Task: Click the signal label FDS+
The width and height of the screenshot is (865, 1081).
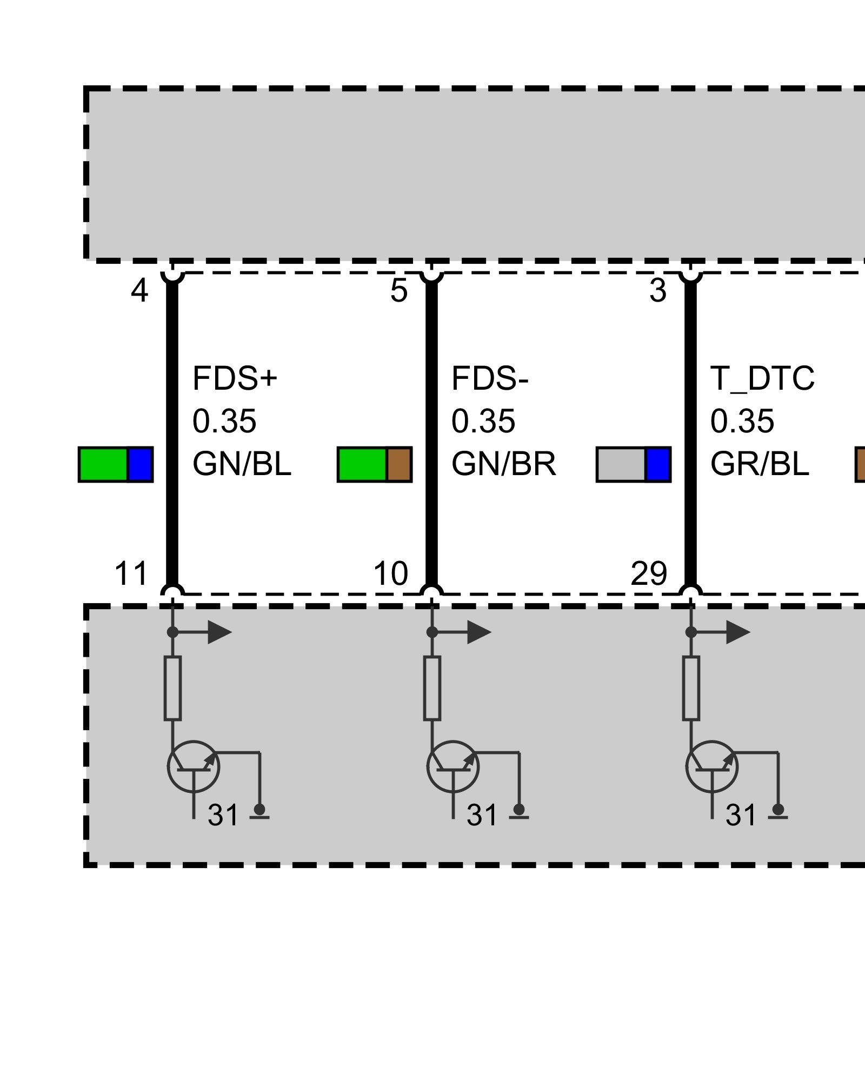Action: (x=235, y=378)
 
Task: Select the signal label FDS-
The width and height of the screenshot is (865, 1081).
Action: (x=489, y=378)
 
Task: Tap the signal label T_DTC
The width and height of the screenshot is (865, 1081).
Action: (x=762, y=378)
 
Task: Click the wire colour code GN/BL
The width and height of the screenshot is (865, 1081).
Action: (x=242, y=464)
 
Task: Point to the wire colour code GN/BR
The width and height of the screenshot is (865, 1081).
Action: (x=503, y=464)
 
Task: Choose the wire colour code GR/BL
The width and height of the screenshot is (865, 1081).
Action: (x=760, y=464)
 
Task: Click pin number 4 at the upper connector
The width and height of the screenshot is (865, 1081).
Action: (x=139, y=291)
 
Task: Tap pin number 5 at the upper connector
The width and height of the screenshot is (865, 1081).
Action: (x=398, y=291)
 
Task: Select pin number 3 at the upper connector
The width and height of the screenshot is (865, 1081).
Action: (x=658, y=291)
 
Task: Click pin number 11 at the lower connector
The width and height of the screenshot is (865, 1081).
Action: (x=131, y=573)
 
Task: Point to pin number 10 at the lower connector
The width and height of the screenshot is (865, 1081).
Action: (x=390, y=573)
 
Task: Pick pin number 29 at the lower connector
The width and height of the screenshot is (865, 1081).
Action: (x=649, y=573)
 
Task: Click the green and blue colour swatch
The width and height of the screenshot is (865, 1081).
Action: (x=116, y=464)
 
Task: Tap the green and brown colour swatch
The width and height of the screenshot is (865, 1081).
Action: (x=375, y=464)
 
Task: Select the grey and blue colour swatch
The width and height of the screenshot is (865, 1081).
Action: (x=634, y=464)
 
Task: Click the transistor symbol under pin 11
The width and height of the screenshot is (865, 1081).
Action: (x=194, y=766)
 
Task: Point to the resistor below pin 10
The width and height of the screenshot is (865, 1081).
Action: (x=432, y=688)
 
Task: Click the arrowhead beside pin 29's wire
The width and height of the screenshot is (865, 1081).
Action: (x=738, y=632)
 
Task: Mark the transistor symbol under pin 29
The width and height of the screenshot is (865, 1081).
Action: (x=712, y=766)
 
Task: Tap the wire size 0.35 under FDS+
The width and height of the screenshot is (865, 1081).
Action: (x=224, y=421)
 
